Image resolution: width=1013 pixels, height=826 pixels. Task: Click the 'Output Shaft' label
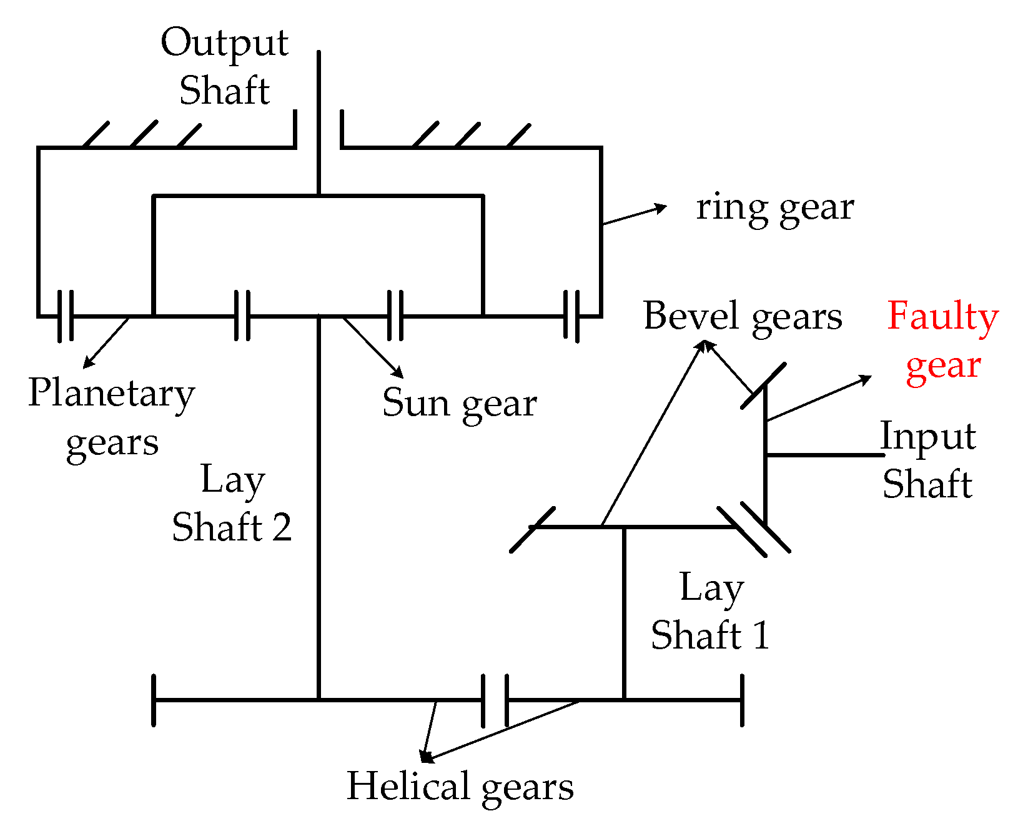tap(224, 66)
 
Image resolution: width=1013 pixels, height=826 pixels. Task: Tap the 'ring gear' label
tap(774, 208)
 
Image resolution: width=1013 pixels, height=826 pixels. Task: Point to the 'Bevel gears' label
tap(743, 316)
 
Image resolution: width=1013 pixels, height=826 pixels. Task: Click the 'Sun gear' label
tap(460, 403)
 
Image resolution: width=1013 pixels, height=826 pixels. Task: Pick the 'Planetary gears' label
tap(112, 418)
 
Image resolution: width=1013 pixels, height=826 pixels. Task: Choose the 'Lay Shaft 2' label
tap(232, 504)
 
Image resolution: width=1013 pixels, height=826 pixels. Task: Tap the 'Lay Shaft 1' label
tap(710, 612)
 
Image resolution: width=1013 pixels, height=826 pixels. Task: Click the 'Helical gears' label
tap(460, 786)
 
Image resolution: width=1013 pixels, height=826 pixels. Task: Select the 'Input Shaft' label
tap(928, 460)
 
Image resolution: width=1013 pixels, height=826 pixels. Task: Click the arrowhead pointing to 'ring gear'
tap(661, 207)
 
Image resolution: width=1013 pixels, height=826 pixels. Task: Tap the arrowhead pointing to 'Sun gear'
tap(398, 373)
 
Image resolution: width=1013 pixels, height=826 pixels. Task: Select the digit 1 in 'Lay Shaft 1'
tap(761, 635)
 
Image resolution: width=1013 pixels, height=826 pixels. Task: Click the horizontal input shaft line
tap(824, 455)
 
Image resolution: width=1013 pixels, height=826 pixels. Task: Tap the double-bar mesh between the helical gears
tap(495, 700)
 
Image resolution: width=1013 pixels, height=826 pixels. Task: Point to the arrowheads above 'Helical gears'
tap(425, 757)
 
